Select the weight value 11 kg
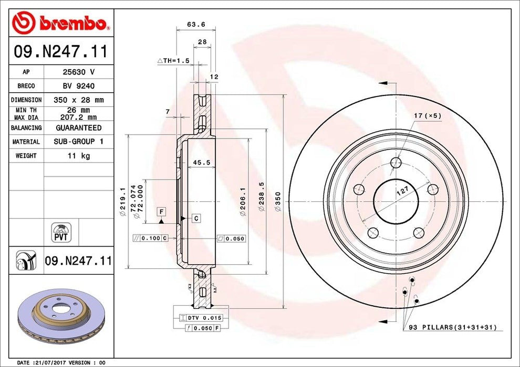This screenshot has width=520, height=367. (79, 156)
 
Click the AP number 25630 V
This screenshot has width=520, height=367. (79, 72)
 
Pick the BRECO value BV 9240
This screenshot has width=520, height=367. (79, 86)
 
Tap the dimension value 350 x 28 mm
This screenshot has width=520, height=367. (79, 100)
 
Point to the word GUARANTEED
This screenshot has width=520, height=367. (79, 128)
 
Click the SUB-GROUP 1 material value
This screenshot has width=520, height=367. (79, 142)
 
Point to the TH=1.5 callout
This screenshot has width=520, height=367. (173, 61)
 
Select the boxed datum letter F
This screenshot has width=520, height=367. (162, 211)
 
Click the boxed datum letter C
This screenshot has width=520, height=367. (195, 218)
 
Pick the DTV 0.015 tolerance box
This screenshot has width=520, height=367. (202, 318)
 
